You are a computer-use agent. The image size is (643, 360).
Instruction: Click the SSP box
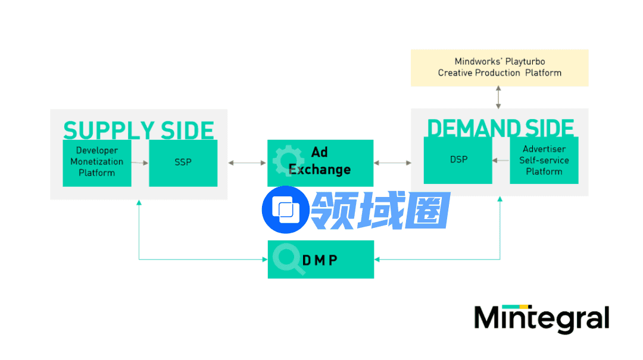coord(183,163)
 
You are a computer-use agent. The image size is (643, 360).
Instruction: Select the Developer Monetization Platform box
coord(96,163)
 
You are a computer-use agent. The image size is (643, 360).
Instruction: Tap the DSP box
coord(458,160)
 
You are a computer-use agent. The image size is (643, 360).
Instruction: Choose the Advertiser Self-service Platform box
coord(544,161)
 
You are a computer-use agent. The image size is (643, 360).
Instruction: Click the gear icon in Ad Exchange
coord(282,158)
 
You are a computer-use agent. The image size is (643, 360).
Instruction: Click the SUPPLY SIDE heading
coord(138,130)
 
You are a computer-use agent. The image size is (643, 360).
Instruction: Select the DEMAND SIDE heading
coord(500,127)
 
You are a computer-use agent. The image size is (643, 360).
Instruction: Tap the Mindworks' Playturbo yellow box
coord(500,67)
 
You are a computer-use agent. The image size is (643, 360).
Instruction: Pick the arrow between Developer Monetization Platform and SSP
coord(140,162)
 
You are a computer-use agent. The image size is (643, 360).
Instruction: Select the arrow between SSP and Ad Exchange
coord(247,162)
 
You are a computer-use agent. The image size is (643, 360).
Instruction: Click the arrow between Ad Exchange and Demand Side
coord(392,162)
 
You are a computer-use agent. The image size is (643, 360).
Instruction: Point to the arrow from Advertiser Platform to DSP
coord(501,161)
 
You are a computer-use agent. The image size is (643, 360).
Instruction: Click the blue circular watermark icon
coord(285,209)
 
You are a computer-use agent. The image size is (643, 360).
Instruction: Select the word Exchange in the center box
coord(320,170)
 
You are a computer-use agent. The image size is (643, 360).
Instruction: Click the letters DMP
coord(320,260)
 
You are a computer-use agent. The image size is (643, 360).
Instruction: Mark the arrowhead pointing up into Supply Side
coord(139,204)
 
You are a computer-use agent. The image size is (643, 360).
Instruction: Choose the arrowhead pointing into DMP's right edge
coord(377,259)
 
